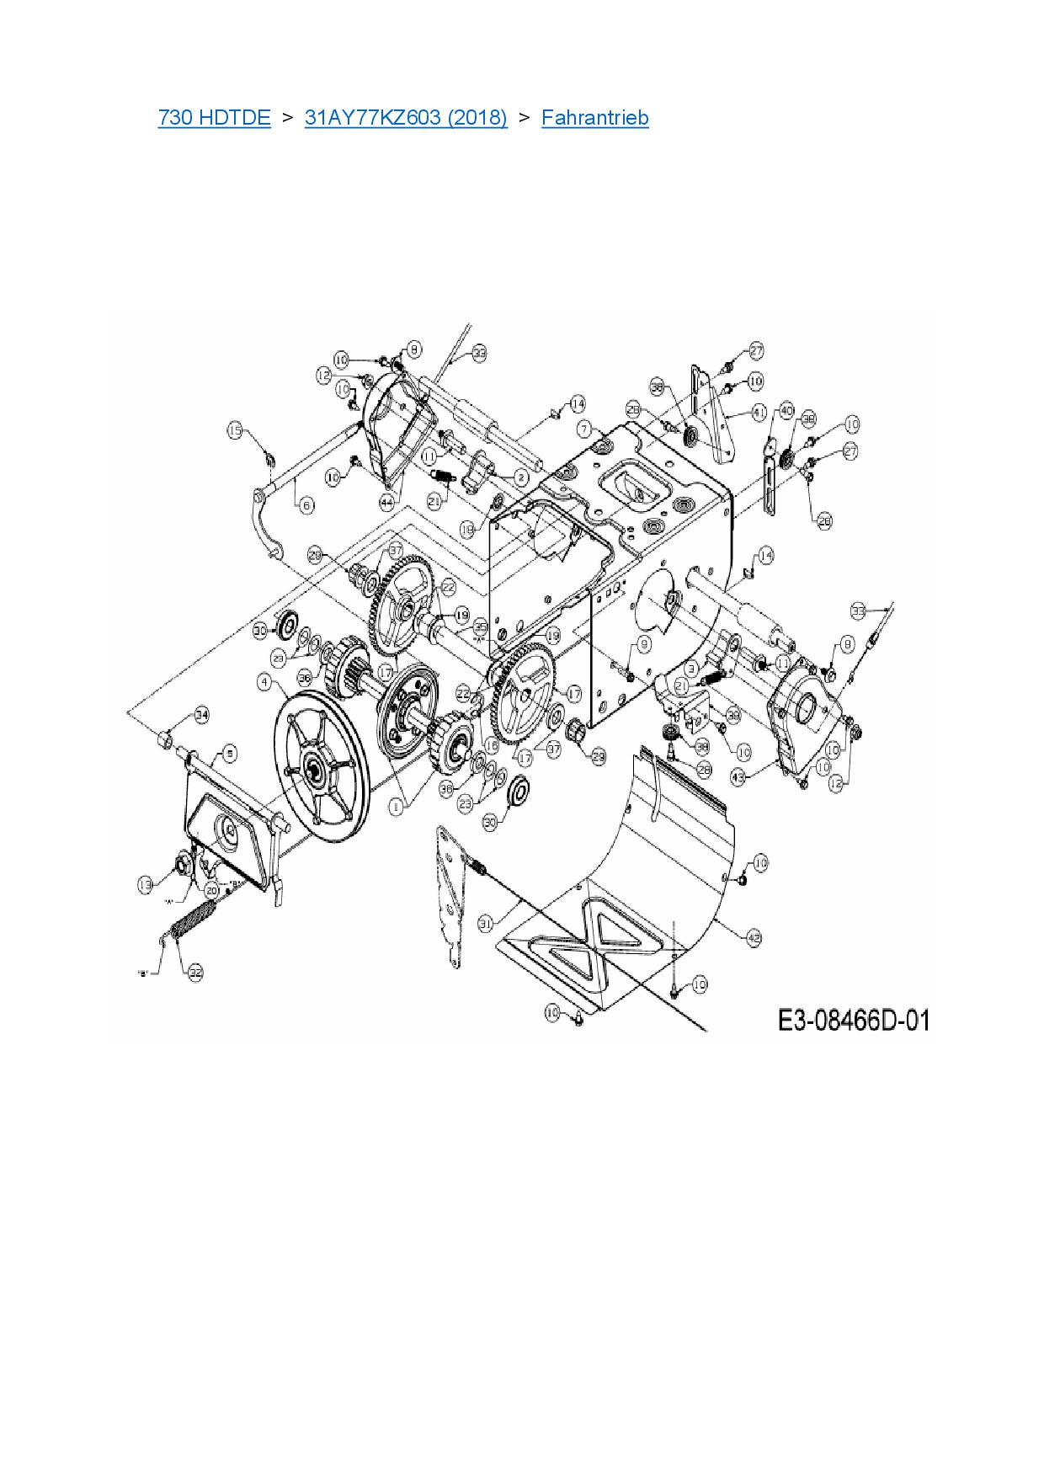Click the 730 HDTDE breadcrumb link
(x=214, y=118)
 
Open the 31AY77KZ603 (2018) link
(x=406, y=118)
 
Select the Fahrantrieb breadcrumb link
(x=594, y=118)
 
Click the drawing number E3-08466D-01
(x=854, y=1021)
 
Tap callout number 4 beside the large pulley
(x=265, y=681)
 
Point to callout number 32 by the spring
(x=195, y=973)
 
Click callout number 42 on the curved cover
(x=754, y=938)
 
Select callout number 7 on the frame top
(x=584, y=429)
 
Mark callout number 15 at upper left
(x=235, y=431)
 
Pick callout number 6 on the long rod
(x=306, y=505)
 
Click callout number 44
(x=386, y=502)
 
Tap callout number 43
(x=738, y=778)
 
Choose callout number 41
(x=759, y=413)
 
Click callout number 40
(x=786, y=411)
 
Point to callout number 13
(x=146, y=884)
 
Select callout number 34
(x=201, y=715)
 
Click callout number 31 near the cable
(x=485, y=924)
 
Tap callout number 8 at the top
(x=414, y=349)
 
